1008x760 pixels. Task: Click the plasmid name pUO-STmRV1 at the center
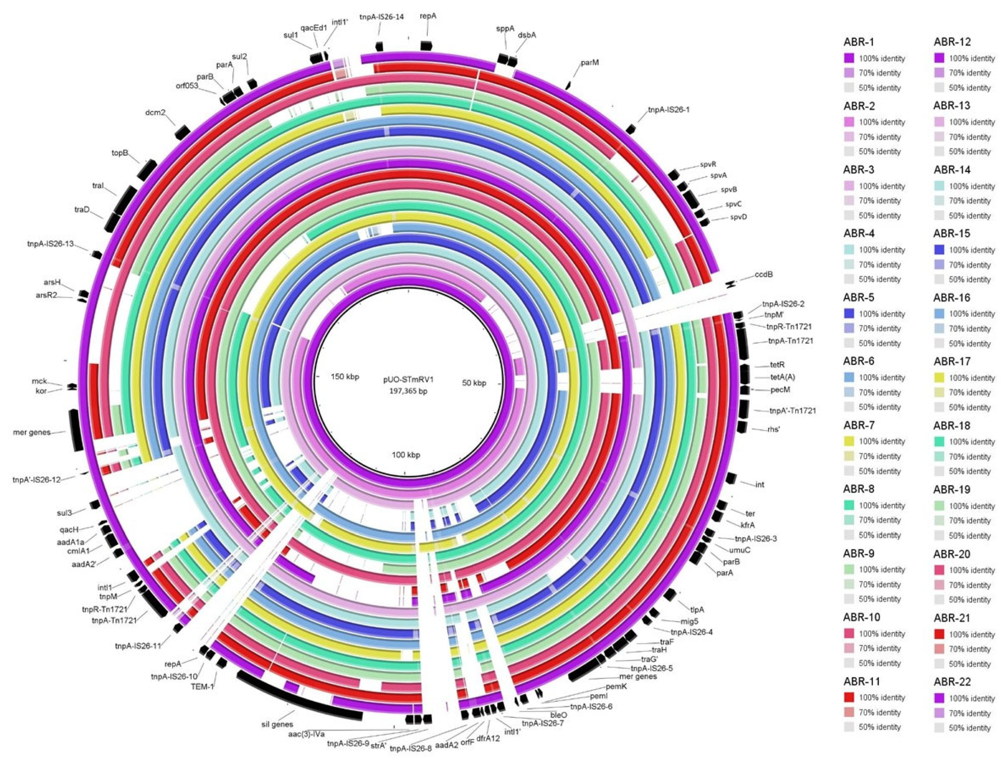click(408, 379)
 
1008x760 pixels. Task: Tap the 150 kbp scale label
click(344, 377)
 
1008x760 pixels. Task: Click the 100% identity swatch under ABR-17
click(940, 378)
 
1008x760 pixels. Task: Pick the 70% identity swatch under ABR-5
click(849, 328)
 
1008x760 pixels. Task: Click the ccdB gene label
click(764, 275)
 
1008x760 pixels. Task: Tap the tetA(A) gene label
click(782, 377)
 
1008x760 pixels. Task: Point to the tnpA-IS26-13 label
click(50, 244)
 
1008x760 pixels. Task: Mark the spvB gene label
click(729, 189)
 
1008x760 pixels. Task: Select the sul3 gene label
click(65, 513)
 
